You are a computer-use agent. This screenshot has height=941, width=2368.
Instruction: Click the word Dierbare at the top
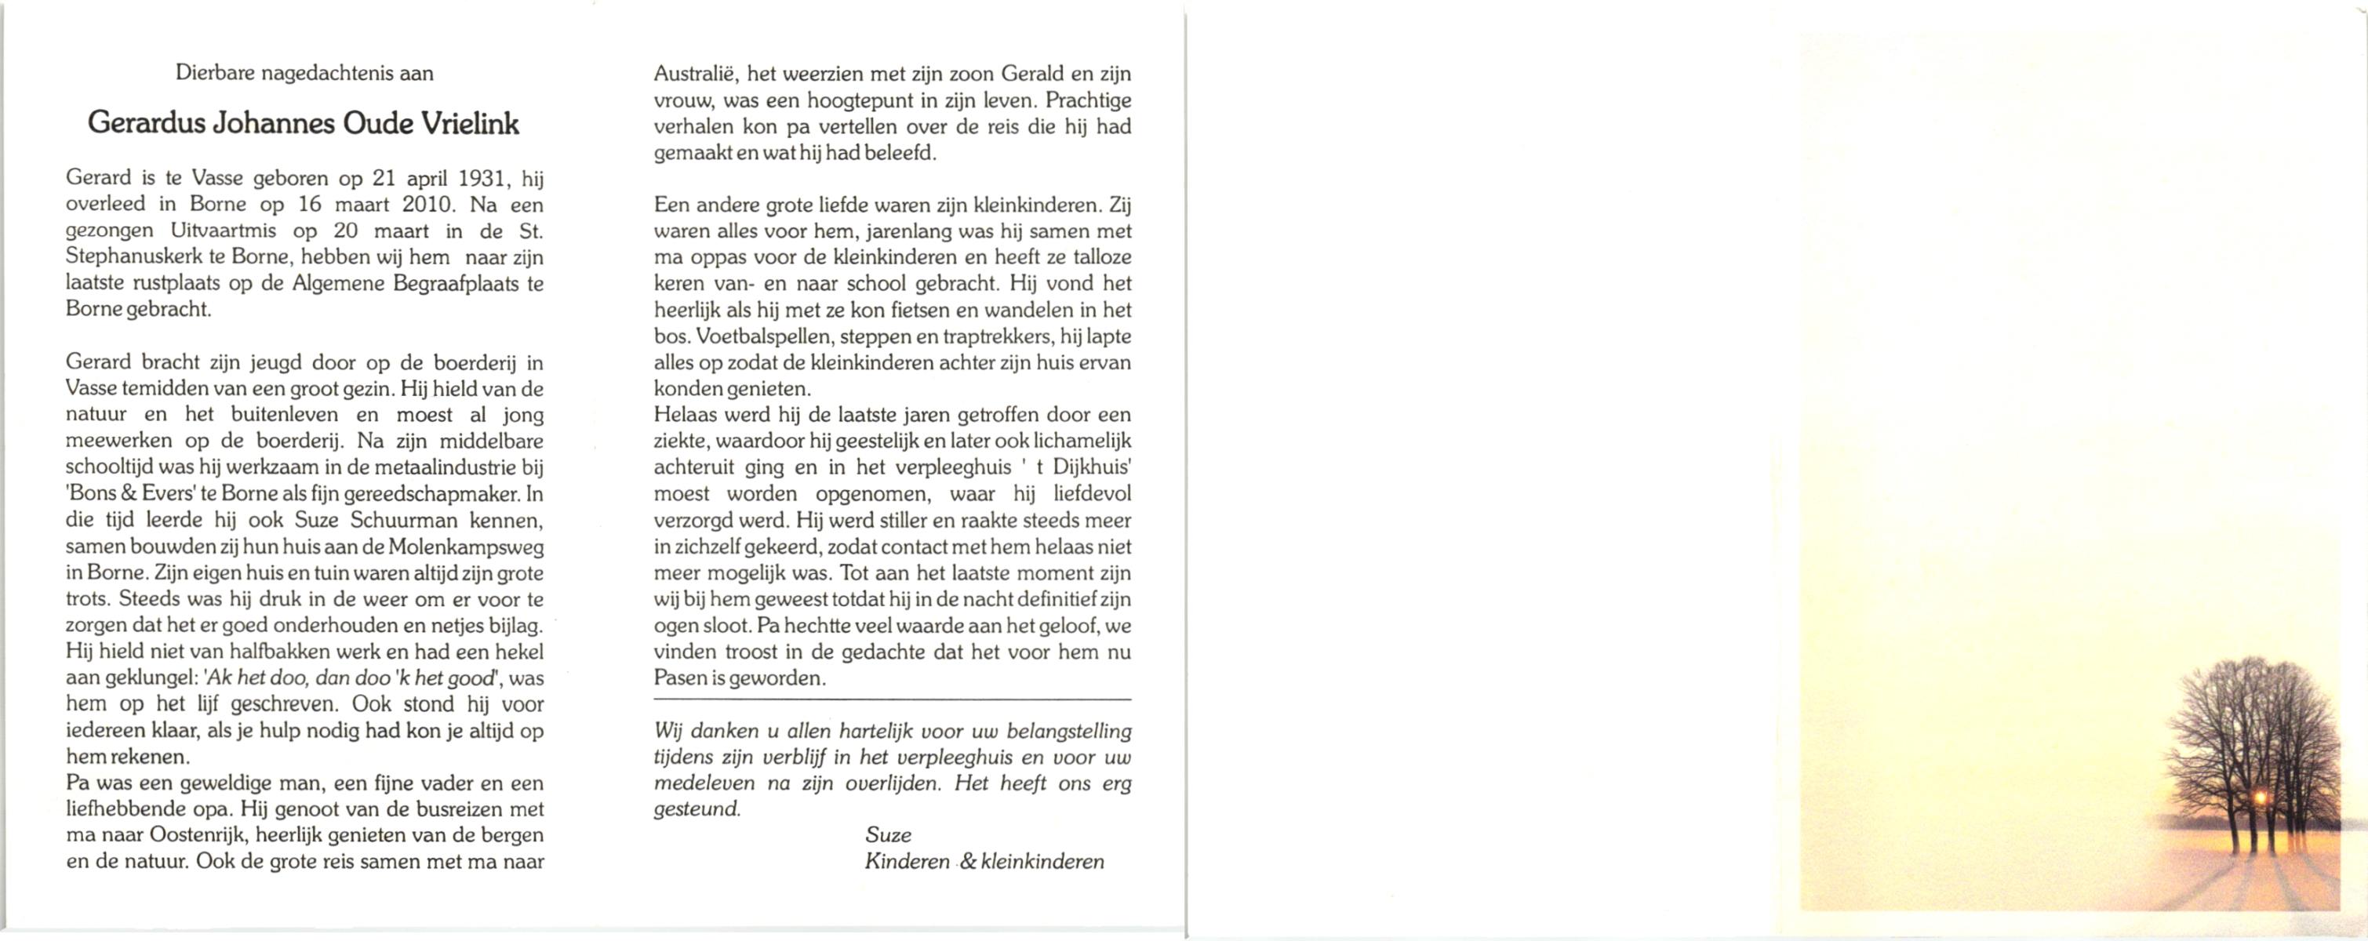215,74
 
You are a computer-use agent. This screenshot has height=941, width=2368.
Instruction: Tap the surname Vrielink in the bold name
470,124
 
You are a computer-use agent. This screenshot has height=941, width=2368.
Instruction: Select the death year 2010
427,204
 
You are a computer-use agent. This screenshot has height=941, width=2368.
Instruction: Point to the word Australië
695,74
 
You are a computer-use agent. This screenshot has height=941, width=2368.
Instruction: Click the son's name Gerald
1033,74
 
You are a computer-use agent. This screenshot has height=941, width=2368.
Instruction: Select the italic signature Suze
888,835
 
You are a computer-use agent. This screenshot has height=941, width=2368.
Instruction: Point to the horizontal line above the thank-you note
892,701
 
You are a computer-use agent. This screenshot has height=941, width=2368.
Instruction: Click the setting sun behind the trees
2259,798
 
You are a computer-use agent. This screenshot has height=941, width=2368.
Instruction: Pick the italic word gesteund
696,809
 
